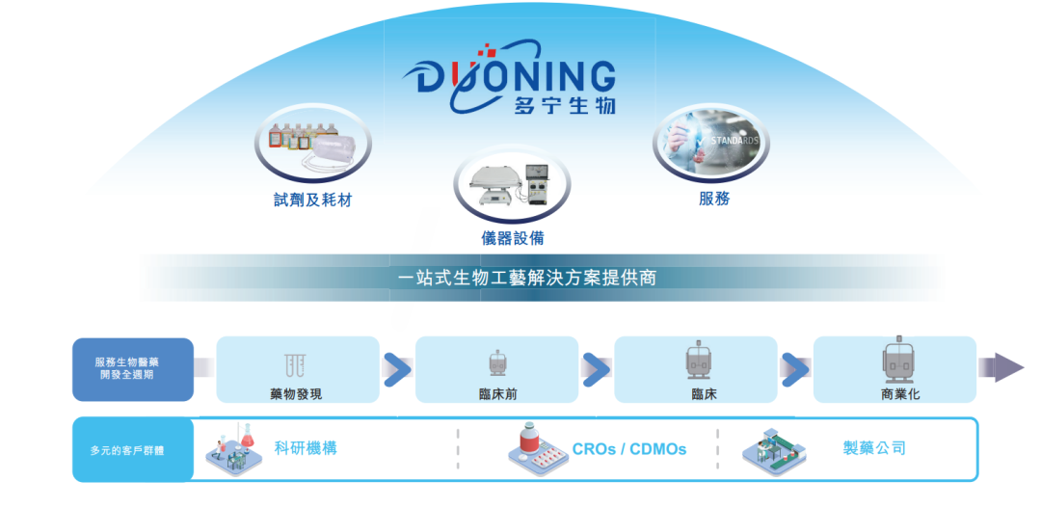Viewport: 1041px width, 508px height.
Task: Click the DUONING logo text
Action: (x=516, y=76)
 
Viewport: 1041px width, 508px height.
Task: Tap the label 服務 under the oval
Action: (x=714, y=199)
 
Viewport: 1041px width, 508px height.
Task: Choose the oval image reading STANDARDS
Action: (x=714, y=143)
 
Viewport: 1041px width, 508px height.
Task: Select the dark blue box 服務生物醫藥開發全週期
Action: (x=132, y=368)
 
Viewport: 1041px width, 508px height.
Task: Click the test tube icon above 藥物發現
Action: (x=296, y=363)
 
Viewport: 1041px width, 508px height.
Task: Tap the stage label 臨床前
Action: (x=496, y=393)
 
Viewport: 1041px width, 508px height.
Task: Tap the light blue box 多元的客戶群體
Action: (x=132, y=450)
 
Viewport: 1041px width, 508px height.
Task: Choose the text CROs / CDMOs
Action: (x=628, y=449)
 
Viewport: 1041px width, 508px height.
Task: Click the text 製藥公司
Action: (x=874, y=447)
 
